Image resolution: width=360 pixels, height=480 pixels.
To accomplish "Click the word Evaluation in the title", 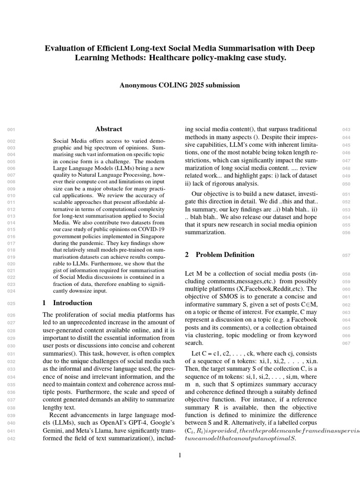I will tap(64, 48).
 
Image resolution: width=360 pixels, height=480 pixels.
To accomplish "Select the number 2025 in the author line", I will tap(195, 85).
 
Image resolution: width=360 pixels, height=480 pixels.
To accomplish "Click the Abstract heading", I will tap(109, 129).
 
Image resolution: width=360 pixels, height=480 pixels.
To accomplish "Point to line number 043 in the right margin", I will tap(346, 129).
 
